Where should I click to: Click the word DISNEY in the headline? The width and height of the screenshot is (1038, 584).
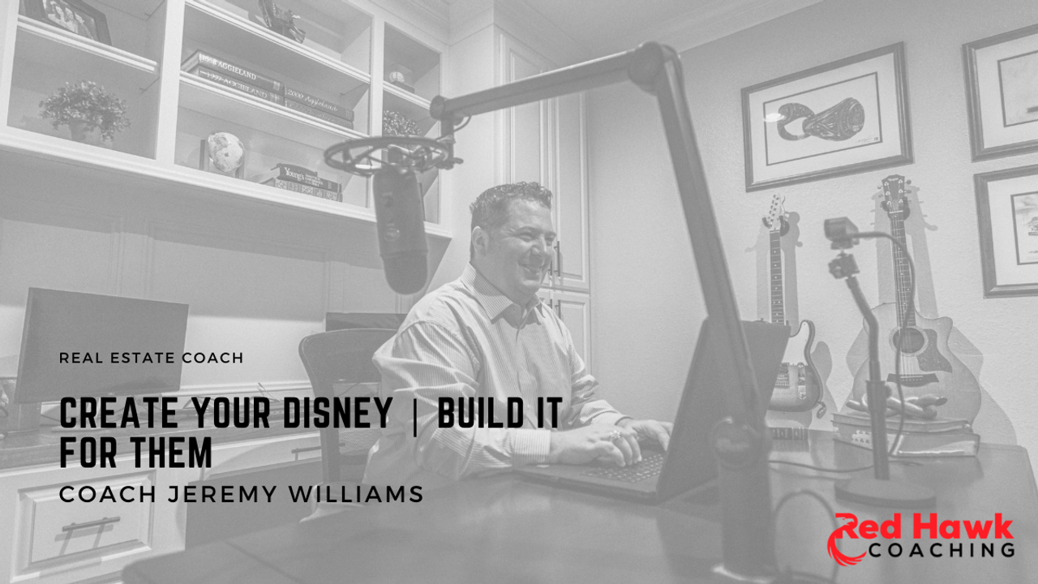click(x=338, y=413)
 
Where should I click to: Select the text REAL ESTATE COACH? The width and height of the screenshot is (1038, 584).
click(x=151, y=358)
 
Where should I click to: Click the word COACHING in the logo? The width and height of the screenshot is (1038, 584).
click(x=941, y=550)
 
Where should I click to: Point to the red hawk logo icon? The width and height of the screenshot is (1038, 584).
click(x=846, y=540)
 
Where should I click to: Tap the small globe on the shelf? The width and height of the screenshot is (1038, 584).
click(x=225, y=152)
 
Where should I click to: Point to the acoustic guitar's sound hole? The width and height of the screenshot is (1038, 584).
click(x=908, y=340)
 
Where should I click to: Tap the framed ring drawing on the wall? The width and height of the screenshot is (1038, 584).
click(x=826, y=118)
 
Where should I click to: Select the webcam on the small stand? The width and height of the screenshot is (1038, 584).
click(x=841, y=233)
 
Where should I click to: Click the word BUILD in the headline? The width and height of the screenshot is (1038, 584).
click(x=472, y=413)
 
